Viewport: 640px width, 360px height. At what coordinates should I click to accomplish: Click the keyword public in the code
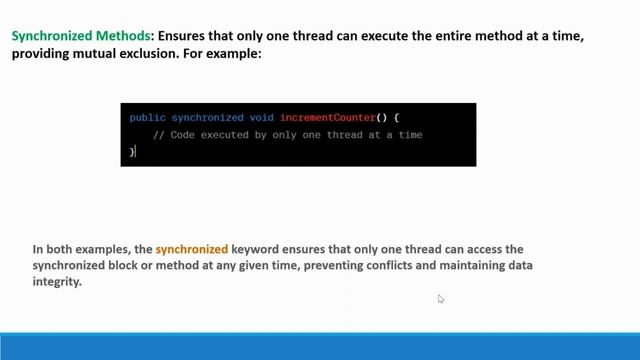(x=147, y=118)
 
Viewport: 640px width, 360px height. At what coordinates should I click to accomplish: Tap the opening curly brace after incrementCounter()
(x=396, y=118)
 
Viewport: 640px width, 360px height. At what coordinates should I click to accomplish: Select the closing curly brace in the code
(x=131, y=152)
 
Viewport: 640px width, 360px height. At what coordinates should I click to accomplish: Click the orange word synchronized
(x=192, y=248)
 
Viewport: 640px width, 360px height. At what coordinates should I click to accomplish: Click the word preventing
(x=329, y=265)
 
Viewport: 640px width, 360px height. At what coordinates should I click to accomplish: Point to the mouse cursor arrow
(x=440, y=298)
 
